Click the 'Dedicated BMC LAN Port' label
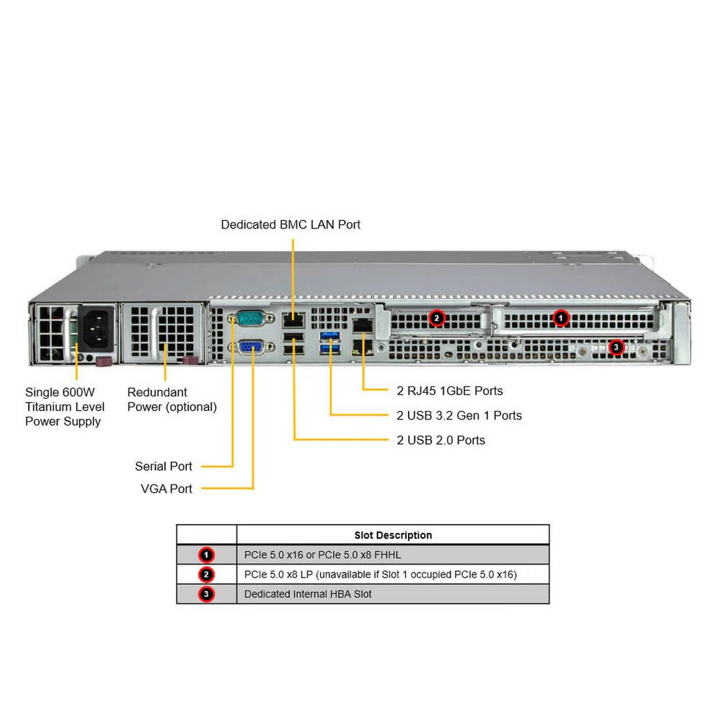[291, 224]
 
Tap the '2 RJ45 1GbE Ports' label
[450, 391]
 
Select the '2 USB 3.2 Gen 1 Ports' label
[459, 415]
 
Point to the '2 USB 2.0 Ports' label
[441, 440]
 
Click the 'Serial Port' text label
[164, 466]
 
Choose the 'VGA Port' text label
[167, 489]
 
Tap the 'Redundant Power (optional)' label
[172, 399]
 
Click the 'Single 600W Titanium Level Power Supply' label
[65, 407]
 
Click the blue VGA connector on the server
[250, 348]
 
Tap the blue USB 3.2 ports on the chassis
[331, 342]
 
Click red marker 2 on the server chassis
[435, 317]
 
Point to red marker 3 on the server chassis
[615, 348]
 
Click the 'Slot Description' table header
[393, 535]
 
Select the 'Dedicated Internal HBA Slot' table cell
[308, 594]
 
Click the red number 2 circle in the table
[207, 575]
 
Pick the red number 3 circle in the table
[207, 594]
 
